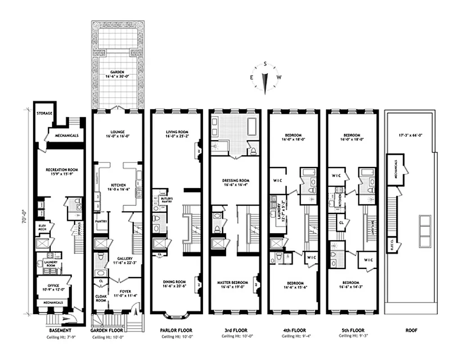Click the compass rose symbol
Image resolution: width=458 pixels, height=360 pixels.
coord(265,77)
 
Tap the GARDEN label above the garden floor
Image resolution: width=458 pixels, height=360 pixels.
coord(117,72)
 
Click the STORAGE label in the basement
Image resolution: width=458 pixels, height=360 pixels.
coord(44,113)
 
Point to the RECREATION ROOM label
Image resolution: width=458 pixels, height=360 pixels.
coord(62,170)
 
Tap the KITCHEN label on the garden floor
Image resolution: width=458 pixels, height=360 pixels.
coord(117,184)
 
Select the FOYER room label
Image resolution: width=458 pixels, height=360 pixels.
coord(126,291)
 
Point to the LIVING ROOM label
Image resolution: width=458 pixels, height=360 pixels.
coord(176,132)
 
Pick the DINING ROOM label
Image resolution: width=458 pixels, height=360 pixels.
coord(176,282)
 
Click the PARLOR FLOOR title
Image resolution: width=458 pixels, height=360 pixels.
coord(176,330)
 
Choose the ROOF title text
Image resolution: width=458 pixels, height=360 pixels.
coord(411,330)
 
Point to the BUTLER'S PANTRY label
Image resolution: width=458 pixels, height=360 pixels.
coord(160,199)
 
